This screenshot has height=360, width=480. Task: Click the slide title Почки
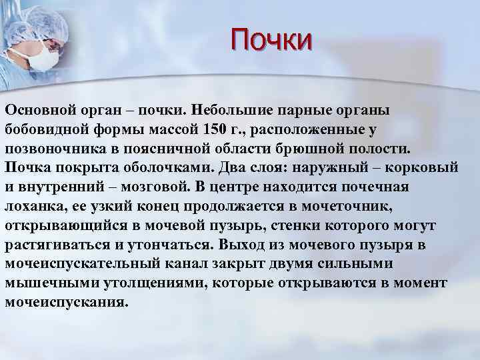pyautogui.click(x=271, y=38)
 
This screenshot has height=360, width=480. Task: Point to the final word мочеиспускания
pyautogui.click(x=65, y=301)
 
